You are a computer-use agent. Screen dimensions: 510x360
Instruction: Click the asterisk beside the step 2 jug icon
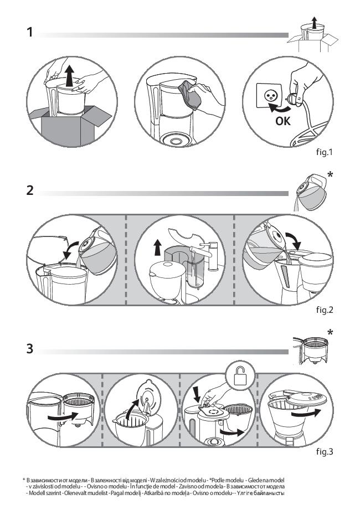[331, 175]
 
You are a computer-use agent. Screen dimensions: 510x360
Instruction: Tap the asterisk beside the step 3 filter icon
[331, 333]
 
